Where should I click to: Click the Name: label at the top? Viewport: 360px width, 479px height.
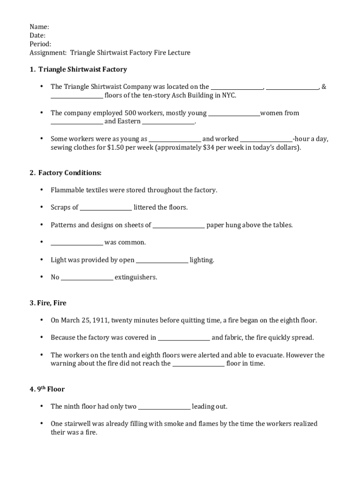click(x=39, y=27)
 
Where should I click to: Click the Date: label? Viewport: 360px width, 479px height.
click(x=38, y=36)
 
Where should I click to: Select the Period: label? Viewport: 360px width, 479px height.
click(x=41, y=44)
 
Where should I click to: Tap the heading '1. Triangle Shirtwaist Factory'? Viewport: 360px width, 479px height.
click(x=78, y=69)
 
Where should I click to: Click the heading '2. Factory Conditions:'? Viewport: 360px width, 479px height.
click(x=65, y=173)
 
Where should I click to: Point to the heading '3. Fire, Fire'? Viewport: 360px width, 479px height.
click(x=48, y=303)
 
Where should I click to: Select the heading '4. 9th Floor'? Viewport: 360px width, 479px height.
click(x=47, y=389)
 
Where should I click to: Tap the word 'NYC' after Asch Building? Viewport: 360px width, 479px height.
click(x=229, y=95)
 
